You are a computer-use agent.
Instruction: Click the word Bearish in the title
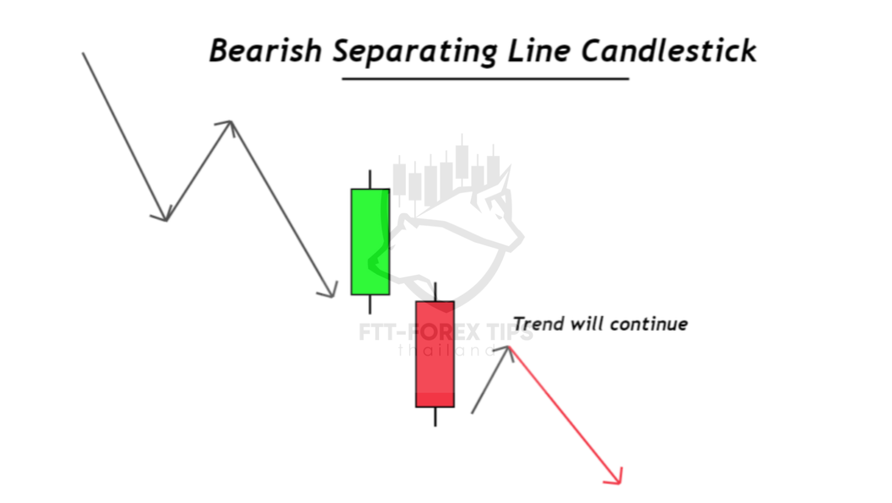point(265,51)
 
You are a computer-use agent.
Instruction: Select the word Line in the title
point(538,51)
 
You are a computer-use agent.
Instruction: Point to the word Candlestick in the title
point(669,51)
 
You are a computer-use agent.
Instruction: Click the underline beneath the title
point(485,79)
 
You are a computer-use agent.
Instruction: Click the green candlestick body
point(370,242)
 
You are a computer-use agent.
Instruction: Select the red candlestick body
point(435,354)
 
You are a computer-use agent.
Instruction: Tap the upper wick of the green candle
point(370,179)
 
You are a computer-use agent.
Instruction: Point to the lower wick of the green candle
point(370,304)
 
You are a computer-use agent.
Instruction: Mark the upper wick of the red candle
point(435,292)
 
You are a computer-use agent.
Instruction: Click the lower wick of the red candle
point(435,417)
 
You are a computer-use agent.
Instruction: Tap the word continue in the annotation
point(649,324)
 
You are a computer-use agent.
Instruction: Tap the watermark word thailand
point(447,351)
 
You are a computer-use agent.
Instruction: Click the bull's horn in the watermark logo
point(501,184)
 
